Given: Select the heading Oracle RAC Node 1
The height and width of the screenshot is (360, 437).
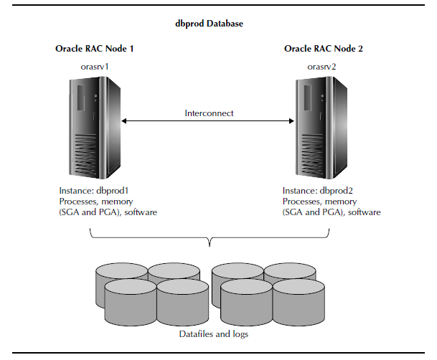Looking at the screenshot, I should [x=94, y=49].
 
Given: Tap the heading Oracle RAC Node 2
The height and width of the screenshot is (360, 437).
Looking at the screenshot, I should [x=324, y=49].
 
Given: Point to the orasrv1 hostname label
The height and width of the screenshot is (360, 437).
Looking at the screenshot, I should [x=96, y=66].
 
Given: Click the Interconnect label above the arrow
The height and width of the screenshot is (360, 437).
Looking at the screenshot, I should [x=209, y=113].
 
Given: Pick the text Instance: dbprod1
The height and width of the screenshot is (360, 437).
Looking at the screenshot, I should [x=95, y=191].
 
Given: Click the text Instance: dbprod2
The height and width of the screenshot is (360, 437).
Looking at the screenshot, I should [x=321, y=191].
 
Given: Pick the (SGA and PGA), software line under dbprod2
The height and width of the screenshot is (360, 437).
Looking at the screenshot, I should [x=332, y=212].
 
